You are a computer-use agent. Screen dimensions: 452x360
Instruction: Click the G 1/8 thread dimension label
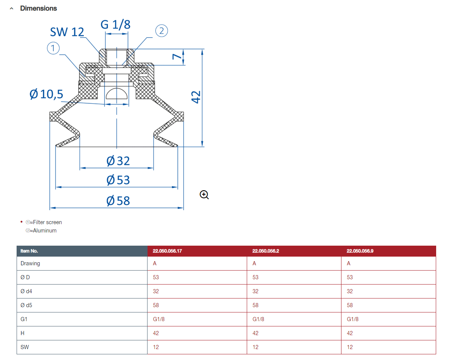click(x=115, y=25)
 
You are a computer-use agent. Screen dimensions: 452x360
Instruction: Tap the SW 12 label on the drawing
click(x=67, y=32)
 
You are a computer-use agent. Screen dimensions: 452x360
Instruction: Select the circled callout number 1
click(x=53, y=48)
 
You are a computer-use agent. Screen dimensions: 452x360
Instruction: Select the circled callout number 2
click(x=161, y=31)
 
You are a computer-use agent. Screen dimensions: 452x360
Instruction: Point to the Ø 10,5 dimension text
click(x=46, y=94)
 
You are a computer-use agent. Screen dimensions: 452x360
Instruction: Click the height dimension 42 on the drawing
click(x=196, y=97)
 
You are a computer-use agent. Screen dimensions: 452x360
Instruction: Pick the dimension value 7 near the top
click(x=177, y=57)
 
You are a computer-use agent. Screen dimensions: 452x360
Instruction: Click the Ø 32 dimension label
click(x=118, y=161)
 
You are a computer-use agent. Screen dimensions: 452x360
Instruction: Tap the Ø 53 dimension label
click(x=118, y=180)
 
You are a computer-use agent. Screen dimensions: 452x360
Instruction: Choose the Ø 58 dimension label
click(x=118, y=201)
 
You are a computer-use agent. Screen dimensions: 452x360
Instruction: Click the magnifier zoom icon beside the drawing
click(x=204, y=195)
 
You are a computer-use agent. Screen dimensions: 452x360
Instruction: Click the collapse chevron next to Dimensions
click(x=12, y=9)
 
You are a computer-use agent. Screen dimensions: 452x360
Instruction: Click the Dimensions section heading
click(x=38, y=8)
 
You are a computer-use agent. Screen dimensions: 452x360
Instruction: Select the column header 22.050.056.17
click(x=167, y=251)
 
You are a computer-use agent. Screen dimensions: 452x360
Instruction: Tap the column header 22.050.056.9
click(x=360, y=251)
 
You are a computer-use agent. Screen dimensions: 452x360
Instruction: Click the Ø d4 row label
click(x=26, y=291)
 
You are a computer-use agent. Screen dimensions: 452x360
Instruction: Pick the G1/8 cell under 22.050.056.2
click(x=258, y=319)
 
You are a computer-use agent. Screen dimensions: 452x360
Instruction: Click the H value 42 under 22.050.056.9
click(x=350, y=333)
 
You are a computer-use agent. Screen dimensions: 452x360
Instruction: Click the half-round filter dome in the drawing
click(x=117, y=94)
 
